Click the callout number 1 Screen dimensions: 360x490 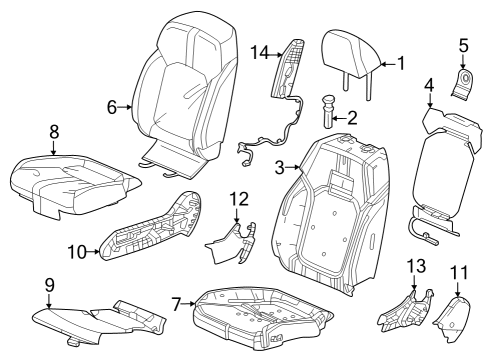click(x=400, y=63)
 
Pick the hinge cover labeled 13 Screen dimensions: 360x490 click(x=408, y=305)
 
